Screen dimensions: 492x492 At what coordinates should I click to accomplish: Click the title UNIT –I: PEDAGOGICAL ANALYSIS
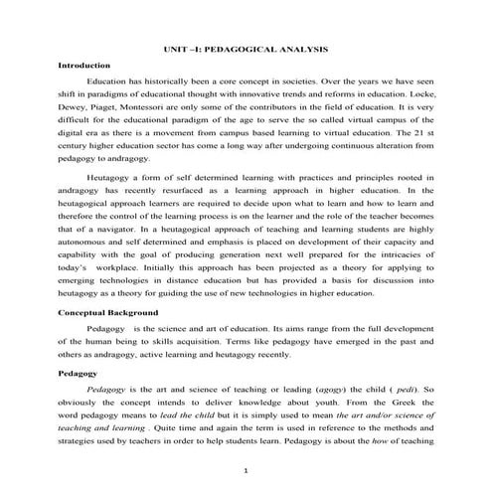tap(246, 50)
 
